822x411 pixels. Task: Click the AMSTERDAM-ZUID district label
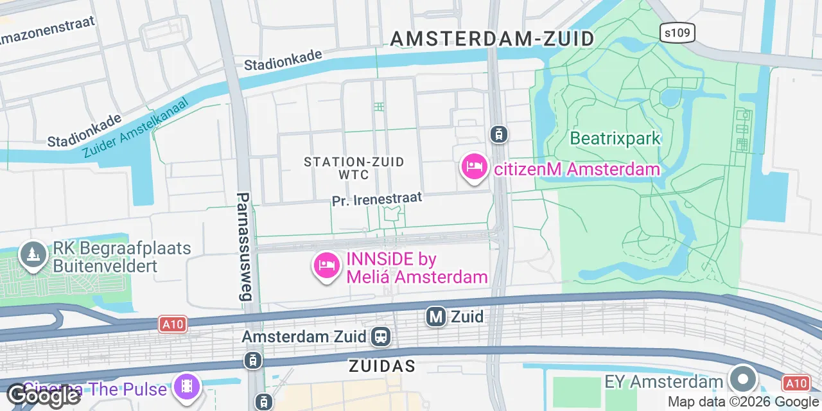coord(493,39)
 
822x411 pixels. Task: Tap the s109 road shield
coord(677,33)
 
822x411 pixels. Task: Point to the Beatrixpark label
coord(615,138)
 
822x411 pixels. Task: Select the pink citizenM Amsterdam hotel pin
coord(474,167)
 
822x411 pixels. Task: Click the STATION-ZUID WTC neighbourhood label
coord(354,168)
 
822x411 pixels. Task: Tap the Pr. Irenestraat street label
coord(377,199)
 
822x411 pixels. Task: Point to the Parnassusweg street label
coord(244,247)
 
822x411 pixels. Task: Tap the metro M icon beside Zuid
coord(436,316)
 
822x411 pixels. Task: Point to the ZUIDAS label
coord(381,366)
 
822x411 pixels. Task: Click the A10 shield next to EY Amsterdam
coord(796,383)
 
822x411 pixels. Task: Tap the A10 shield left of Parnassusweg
coord(172,324)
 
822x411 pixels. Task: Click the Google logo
coord(42,395)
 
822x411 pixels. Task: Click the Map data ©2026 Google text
coord(743,402)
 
